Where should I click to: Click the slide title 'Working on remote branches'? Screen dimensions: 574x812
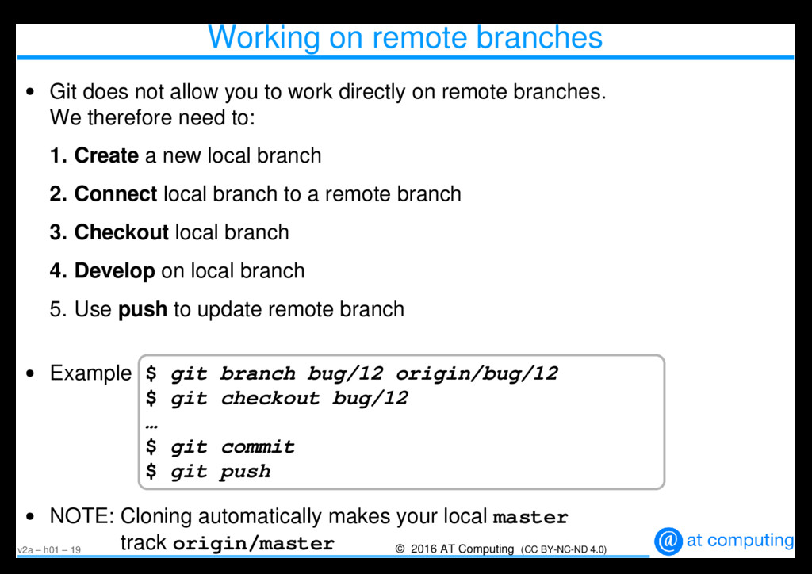(404, 37)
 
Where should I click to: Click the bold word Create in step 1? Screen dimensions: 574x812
(106, 156)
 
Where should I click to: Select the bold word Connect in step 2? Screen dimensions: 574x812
(116, 194)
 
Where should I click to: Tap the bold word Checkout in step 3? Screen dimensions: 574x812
(121, 232)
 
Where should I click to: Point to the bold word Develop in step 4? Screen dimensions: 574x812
(114, 271)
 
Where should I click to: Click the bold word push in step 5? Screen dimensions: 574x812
(142, 309)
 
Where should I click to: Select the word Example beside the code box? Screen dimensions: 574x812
(90, 373)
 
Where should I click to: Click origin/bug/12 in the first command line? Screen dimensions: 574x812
(477, 373)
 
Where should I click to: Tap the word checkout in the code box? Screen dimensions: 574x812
(270, 398)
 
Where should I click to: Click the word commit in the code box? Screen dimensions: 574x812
(258, 447)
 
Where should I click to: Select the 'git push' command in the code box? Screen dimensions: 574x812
(220, 472)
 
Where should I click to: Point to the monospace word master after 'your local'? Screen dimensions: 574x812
(530, 518)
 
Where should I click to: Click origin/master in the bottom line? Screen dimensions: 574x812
(253, 544)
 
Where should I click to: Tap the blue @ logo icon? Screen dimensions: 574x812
(668, 541)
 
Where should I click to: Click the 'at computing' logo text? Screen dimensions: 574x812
(739, 541)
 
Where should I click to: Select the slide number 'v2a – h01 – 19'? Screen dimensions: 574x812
(49, 549)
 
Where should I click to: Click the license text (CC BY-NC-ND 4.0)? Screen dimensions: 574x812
(564, 549)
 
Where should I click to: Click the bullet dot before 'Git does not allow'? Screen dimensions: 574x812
(30, 94)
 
